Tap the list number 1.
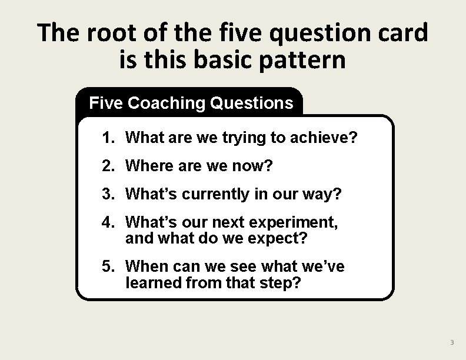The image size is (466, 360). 106,138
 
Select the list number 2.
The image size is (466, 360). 106,166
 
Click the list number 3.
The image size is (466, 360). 106,195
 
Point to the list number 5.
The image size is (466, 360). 106,266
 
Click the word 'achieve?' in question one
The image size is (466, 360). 327,138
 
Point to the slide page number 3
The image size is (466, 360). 452,343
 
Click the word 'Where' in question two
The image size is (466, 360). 147,166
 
